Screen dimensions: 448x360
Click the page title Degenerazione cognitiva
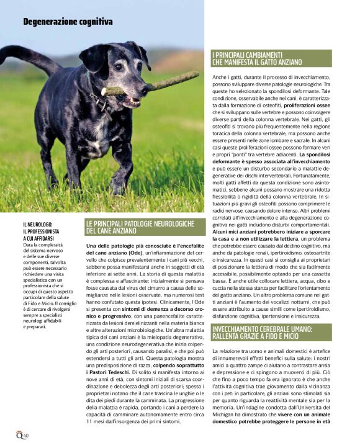pos(68,22)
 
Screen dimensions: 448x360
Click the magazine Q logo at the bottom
pos(20,435)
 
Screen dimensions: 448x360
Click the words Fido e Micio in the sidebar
pos(42,284)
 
